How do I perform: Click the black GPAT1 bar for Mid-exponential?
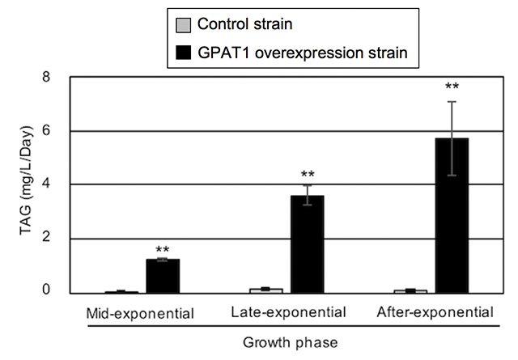pyautogui.click(x=163, y=276)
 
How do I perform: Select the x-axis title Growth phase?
pyautogui.click(x=293, y=341)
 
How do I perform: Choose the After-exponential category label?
pyautogui.click(x=435, y=311)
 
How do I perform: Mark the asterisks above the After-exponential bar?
pyautogui.click(x=452, y=86)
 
